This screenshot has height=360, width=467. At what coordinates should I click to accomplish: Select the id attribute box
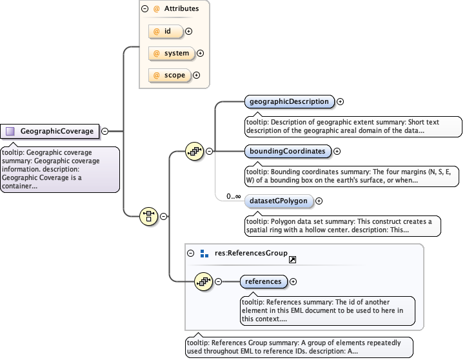[166, 31]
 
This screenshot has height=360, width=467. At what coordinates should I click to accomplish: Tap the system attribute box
[171, 54]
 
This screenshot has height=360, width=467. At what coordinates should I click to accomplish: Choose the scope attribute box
[170, 75]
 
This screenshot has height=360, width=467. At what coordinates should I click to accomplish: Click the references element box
[264, 281]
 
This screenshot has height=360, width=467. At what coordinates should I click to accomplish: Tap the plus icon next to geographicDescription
[341, 101]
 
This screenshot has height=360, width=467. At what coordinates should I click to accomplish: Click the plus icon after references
[293, 281]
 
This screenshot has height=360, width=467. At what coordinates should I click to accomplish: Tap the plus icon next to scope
[197, 75]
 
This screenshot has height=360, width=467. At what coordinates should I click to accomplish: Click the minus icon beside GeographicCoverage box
[105, 132]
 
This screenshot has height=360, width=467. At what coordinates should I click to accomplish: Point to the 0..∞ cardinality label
[233, 196]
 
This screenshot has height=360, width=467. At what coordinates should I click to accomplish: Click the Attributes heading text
[182, 9]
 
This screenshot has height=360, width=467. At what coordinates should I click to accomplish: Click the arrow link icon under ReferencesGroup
[292, 259]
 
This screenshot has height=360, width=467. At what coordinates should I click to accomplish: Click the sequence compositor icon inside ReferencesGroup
[204, 281]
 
